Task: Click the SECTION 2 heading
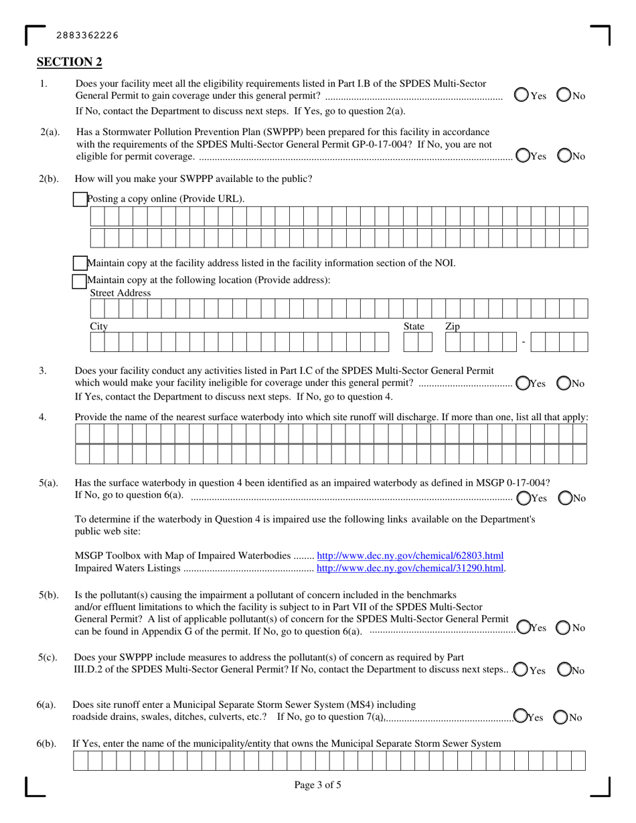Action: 69,62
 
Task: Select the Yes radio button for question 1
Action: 522,96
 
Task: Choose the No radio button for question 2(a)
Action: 564,156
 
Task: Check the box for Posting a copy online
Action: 80,199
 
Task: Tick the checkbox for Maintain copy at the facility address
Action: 80,263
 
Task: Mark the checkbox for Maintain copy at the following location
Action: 80,280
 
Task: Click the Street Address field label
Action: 121,293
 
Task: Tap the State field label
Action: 413,326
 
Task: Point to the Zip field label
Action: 453,326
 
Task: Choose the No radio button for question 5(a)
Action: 564,498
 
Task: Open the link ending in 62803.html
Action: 410,555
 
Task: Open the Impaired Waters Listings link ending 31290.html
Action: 410,568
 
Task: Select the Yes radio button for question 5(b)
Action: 522,628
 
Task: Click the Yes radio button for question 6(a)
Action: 520,717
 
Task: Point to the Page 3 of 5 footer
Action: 317,785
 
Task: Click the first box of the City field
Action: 96,343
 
